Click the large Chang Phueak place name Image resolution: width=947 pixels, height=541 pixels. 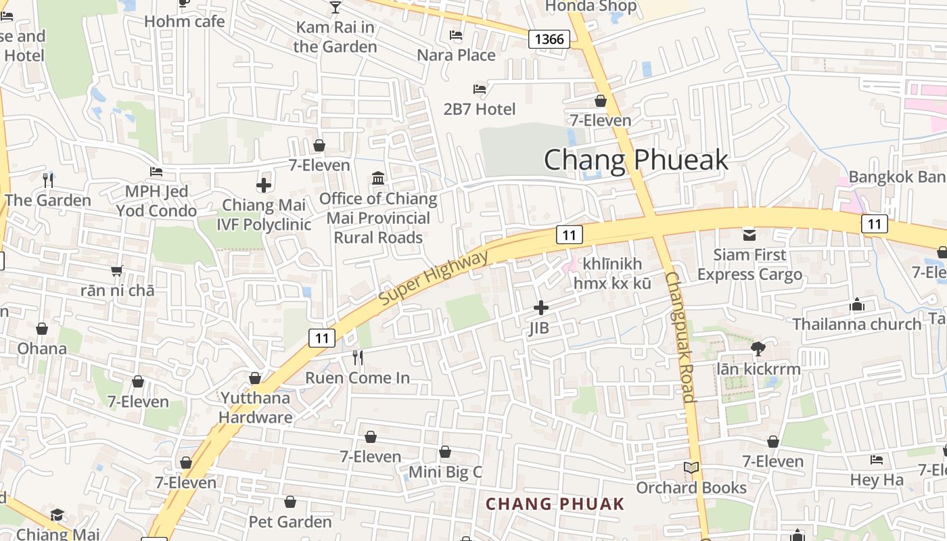pyautogui.click(x=636, y=160)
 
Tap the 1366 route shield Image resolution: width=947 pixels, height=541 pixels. pyautogui.click(x=549, y=39)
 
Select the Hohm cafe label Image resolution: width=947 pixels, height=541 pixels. pyautogui.click(x=184, y=21)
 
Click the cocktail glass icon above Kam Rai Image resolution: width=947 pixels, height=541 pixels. pyautogui.click(x=335, y=7)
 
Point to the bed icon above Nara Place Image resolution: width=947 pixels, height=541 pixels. pyautogui.click(x=456, y=35)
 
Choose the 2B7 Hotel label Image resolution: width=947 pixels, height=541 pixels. pyautogui.click(x=479, y=109)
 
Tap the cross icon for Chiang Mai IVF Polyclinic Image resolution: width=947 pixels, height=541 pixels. pyautogui.click(x=264, y=185)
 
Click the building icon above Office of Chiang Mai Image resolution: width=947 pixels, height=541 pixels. pyautogui.click(x=378, y=179)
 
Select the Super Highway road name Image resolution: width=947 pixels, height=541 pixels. pyautogui.click(x=433, y=278)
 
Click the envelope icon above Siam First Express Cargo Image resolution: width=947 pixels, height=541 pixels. pyautogui.click(x=749, y=235)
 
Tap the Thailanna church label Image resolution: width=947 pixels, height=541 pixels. pyautogui.click(x=857, y=324)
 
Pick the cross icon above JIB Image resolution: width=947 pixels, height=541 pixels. pyautogui.click(x=540, y=308)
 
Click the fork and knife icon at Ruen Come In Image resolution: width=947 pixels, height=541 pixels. pyautogui.click(x=358, y=357)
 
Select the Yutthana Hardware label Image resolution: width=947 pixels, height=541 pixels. pyautogui.click(x=255, y=407)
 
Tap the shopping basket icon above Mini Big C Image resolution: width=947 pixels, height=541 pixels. pyautogui.click(x=445, y=452)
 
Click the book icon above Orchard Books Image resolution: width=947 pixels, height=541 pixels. pyautogui.click(x=691, y=468)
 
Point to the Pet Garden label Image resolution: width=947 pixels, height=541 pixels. pyautogui.click(x=290, y=521)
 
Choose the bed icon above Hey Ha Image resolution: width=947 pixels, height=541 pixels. pyautogui.click(x=877, y=460)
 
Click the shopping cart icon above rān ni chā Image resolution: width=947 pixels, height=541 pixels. pyautogui.click(x=117, y=271)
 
